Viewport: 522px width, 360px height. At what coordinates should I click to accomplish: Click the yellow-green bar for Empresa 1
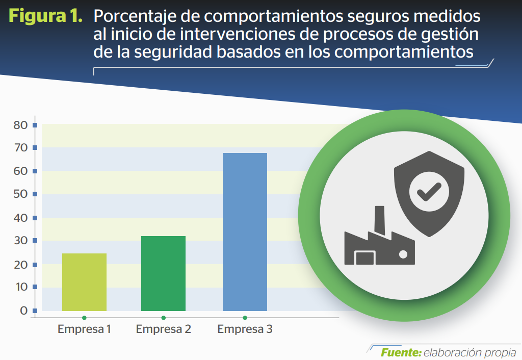click(x=84, y=282)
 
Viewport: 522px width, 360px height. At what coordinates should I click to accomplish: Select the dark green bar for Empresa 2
click(x=163, y=273)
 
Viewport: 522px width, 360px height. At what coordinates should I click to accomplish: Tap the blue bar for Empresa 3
click(x=245, y=232)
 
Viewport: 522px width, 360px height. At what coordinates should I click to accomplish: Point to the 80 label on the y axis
click(x=20, y=125)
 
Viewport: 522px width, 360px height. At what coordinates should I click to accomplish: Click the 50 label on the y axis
click(x=20, y=194)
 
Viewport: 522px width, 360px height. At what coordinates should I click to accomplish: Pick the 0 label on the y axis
click(x=23, y=311)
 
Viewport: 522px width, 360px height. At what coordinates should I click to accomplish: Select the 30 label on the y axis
click(x=20, y=241)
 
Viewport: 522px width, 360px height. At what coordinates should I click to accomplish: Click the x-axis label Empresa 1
click(x=84, y=329)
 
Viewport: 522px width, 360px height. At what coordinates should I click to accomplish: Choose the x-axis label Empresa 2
click(x=164, y=329)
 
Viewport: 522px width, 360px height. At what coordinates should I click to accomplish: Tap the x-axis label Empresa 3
click(x=245, y=329)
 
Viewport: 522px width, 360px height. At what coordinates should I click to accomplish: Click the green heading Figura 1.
click(x=45, y=16)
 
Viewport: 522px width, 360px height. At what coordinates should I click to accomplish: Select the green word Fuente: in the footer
click(x=401, y=352)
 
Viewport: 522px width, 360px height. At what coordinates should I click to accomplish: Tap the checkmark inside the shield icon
click(x=429, y=192)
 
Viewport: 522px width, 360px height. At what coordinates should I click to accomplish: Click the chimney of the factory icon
click(x=379, y=219)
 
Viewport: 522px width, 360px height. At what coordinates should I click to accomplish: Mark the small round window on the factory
click(x=403, y=254)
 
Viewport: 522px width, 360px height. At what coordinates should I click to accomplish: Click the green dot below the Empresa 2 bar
click(x=163, y=318)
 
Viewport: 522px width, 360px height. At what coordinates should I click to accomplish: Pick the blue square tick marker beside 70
click(x=35, y=147)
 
